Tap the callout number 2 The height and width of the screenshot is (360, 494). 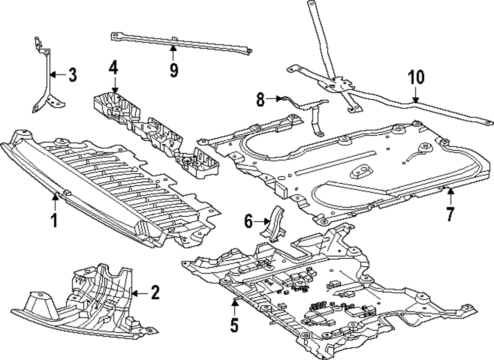(x=155, y=293)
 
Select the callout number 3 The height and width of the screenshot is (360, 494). (x=72, y=76)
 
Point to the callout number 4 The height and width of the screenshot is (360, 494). (x=113, y=68)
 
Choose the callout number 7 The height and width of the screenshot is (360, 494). (x=450, y=214)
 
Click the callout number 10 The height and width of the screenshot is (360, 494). (x=416, y=78)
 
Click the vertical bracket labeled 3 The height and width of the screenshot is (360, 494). (x=48, y=84)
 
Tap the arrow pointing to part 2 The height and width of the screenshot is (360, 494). (x=138, y=293)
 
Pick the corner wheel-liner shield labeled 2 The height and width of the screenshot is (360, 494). (x=89, y=301)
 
